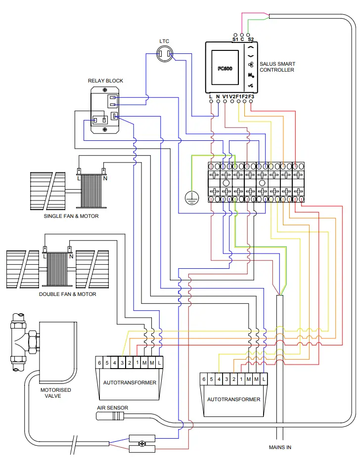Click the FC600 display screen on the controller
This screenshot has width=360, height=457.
point(225,68)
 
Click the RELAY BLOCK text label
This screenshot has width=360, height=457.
point(105,81)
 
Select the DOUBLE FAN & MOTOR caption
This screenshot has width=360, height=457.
point(68,294)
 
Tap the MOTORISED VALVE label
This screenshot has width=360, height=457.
point(55,393)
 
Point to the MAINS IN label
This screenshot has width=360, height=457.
point(280,447)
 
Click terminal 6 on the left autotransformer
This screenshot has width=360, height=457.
point(99,363)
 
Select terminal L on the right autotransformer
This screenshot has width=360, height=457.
point(264,379)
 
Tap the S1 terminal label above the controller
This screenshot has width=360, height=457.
point(235,38)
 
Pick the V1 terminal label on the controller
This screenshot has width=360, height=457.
point(225,96)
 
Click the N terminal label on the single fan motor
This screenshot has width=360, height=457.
point(105,178)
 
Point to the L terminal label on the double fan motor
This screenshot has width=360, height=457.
point(45,256)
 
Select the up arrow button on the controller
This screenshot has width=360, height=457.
point(251,48)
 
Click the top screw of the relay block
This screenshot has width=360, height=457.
point(105,90)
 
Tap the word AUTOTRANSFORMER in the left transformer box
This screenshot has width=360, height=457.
point(130,382)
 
